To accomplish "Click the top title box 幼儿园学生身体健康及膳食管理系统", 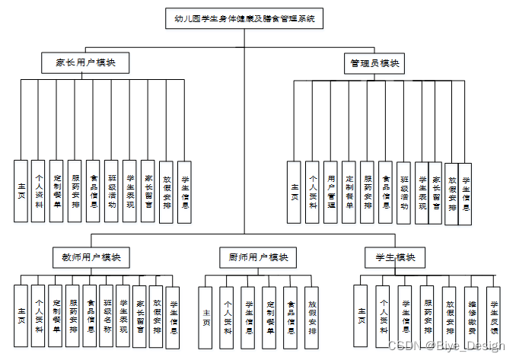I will pos(244,18).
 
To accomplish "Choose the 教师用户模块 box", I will pos(91,257).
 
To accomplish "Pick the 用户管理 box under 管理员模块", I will pos(330,192).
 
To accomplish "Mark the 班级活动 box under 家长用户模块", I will pos(112,191).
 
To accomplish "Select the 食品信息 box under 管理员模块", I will pos(386,192).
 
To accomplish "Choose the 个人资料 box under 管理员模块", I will pos(313,192).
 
